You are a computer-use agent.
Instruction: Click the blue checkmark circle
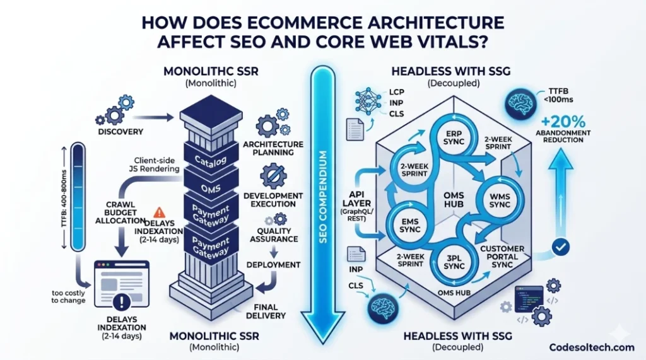[560, 247]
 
